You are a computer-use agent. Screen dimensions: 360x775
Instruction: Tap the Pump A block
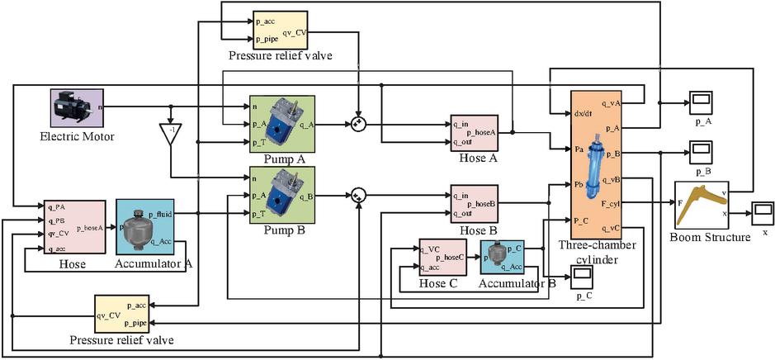(281, 123)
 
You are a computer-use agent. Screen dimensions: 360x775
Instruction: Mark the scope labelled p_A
(703, 102)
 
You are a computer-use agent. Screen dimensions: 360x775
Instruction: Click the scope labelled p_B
(703, 152)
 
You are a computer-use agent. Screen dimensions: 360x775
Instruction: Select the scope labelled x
(761, 212)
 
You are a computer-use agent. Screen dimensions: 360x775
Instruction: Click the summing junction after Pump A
(358, 125)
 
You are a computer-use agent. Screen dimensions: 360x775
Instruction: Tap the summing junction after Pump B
(357, 196)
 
